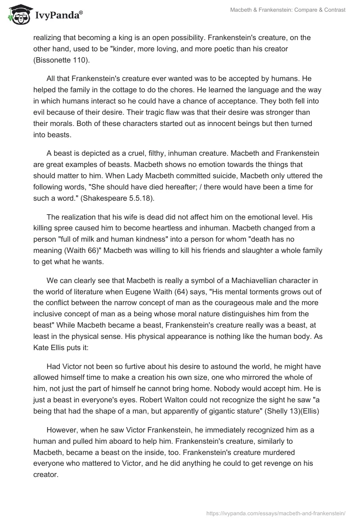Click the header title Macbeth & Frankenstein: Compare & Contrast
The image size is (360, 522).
point(288,10)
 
